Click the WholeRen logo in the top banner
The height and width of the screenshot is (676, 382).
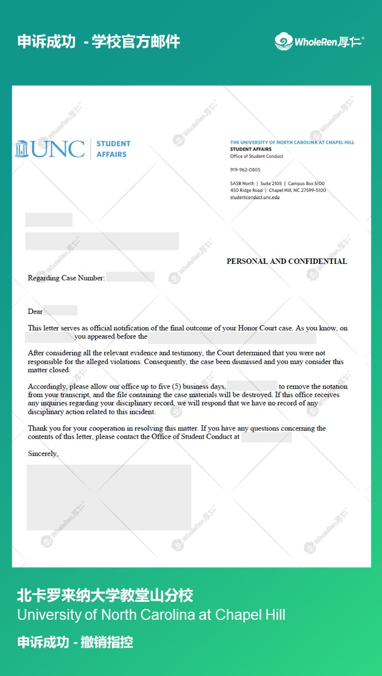point(319,41)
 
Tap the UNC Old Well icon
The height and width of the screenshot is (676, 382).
point(22,149)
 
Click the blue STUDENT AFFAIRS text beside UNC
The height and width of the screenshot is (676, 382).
point(114,149)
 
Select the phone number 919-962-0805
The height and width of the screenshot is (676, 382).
point(245,170)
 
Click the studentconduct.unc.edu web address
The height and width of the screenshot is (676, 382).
point(255,197)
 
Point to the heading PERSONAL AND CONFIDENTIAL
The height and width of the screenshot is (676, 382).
point(286,261)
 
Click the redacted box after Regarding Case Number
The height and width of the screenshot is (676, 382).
point(130,277)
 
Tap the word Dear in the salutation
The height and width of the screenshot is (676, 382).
point(35,311)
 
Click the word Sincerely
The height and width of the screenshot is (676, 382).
point(43,454)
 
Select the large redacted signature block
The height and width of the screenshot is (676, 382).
point(109,497)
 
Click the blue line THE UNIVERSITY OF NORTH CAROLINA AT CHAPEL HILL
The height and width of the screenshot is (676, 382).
point(292,142)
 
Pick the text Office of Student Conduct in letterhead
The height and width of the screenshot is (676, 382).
point(256,156)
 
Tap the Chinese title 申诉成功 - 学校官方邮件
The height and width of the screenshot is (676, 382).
point(99,42)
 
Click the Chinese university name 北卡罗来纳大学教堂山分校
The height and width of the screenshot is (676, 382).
point(105,595)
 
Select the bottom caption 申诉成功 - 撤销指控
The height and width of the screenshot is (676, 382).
point(75,642)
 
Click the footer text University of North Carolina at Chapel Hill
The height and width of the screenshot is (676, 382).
point(151,615)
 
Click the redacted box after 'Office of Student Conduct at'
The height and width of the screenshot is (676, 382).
point(266,437)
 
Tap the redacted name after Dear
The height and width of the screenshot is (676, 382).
point(61,311)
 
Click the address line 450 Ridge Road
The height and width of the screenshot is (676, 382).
point(246,190)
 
